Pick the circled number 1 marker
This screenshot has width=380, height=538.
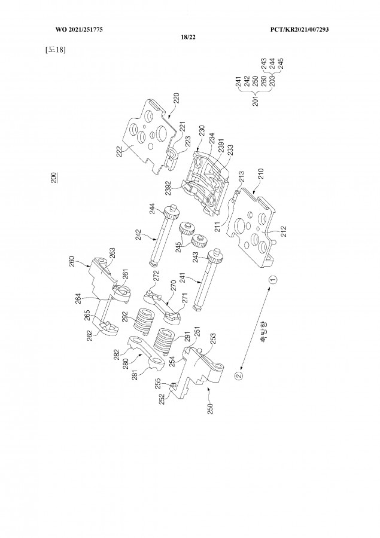272,279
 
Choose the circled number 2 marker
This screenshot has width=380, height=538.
238,375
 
